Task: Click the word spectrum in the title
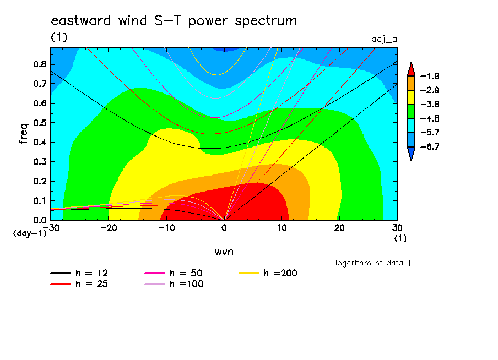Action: [x=266, y=21]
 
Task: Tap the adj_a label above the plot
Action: [x=384, y=39]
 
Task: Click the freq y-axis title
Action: [x=24, y=134]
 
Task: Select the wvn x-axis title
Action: [x=224, y=252]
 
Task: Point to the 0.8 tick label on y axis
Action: [x=40, y=64]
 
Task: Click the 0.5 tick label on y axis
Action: [x=40, y=123]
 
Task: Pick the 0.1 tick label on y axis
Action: [x=40, y=201]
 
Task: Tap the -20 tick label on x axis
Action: [x=109, y=228]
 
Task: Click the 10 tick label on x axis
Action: [x=282, y=228]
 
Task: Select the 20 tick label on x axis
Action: [x=339, y=228]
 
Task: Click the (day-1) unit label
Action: [x=30, y=233]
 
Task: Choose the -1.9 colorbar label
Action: [x=430, y=76]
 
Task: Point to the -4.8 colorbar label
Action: [x=430, y=118]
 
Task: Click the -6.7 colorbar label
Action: [x=430, y=146]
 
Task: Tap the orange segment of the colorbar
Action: [x=411, y=83]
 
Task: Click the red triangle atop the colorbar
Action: [x=411, y=70]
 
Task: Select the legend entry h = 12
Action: [x=79, y=273]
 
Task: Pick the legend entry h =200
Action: [x=268, y=273]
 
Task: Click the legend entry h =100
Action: [x=174, y=284]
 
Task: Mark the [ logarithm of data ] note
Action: [x=369, y=263]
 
